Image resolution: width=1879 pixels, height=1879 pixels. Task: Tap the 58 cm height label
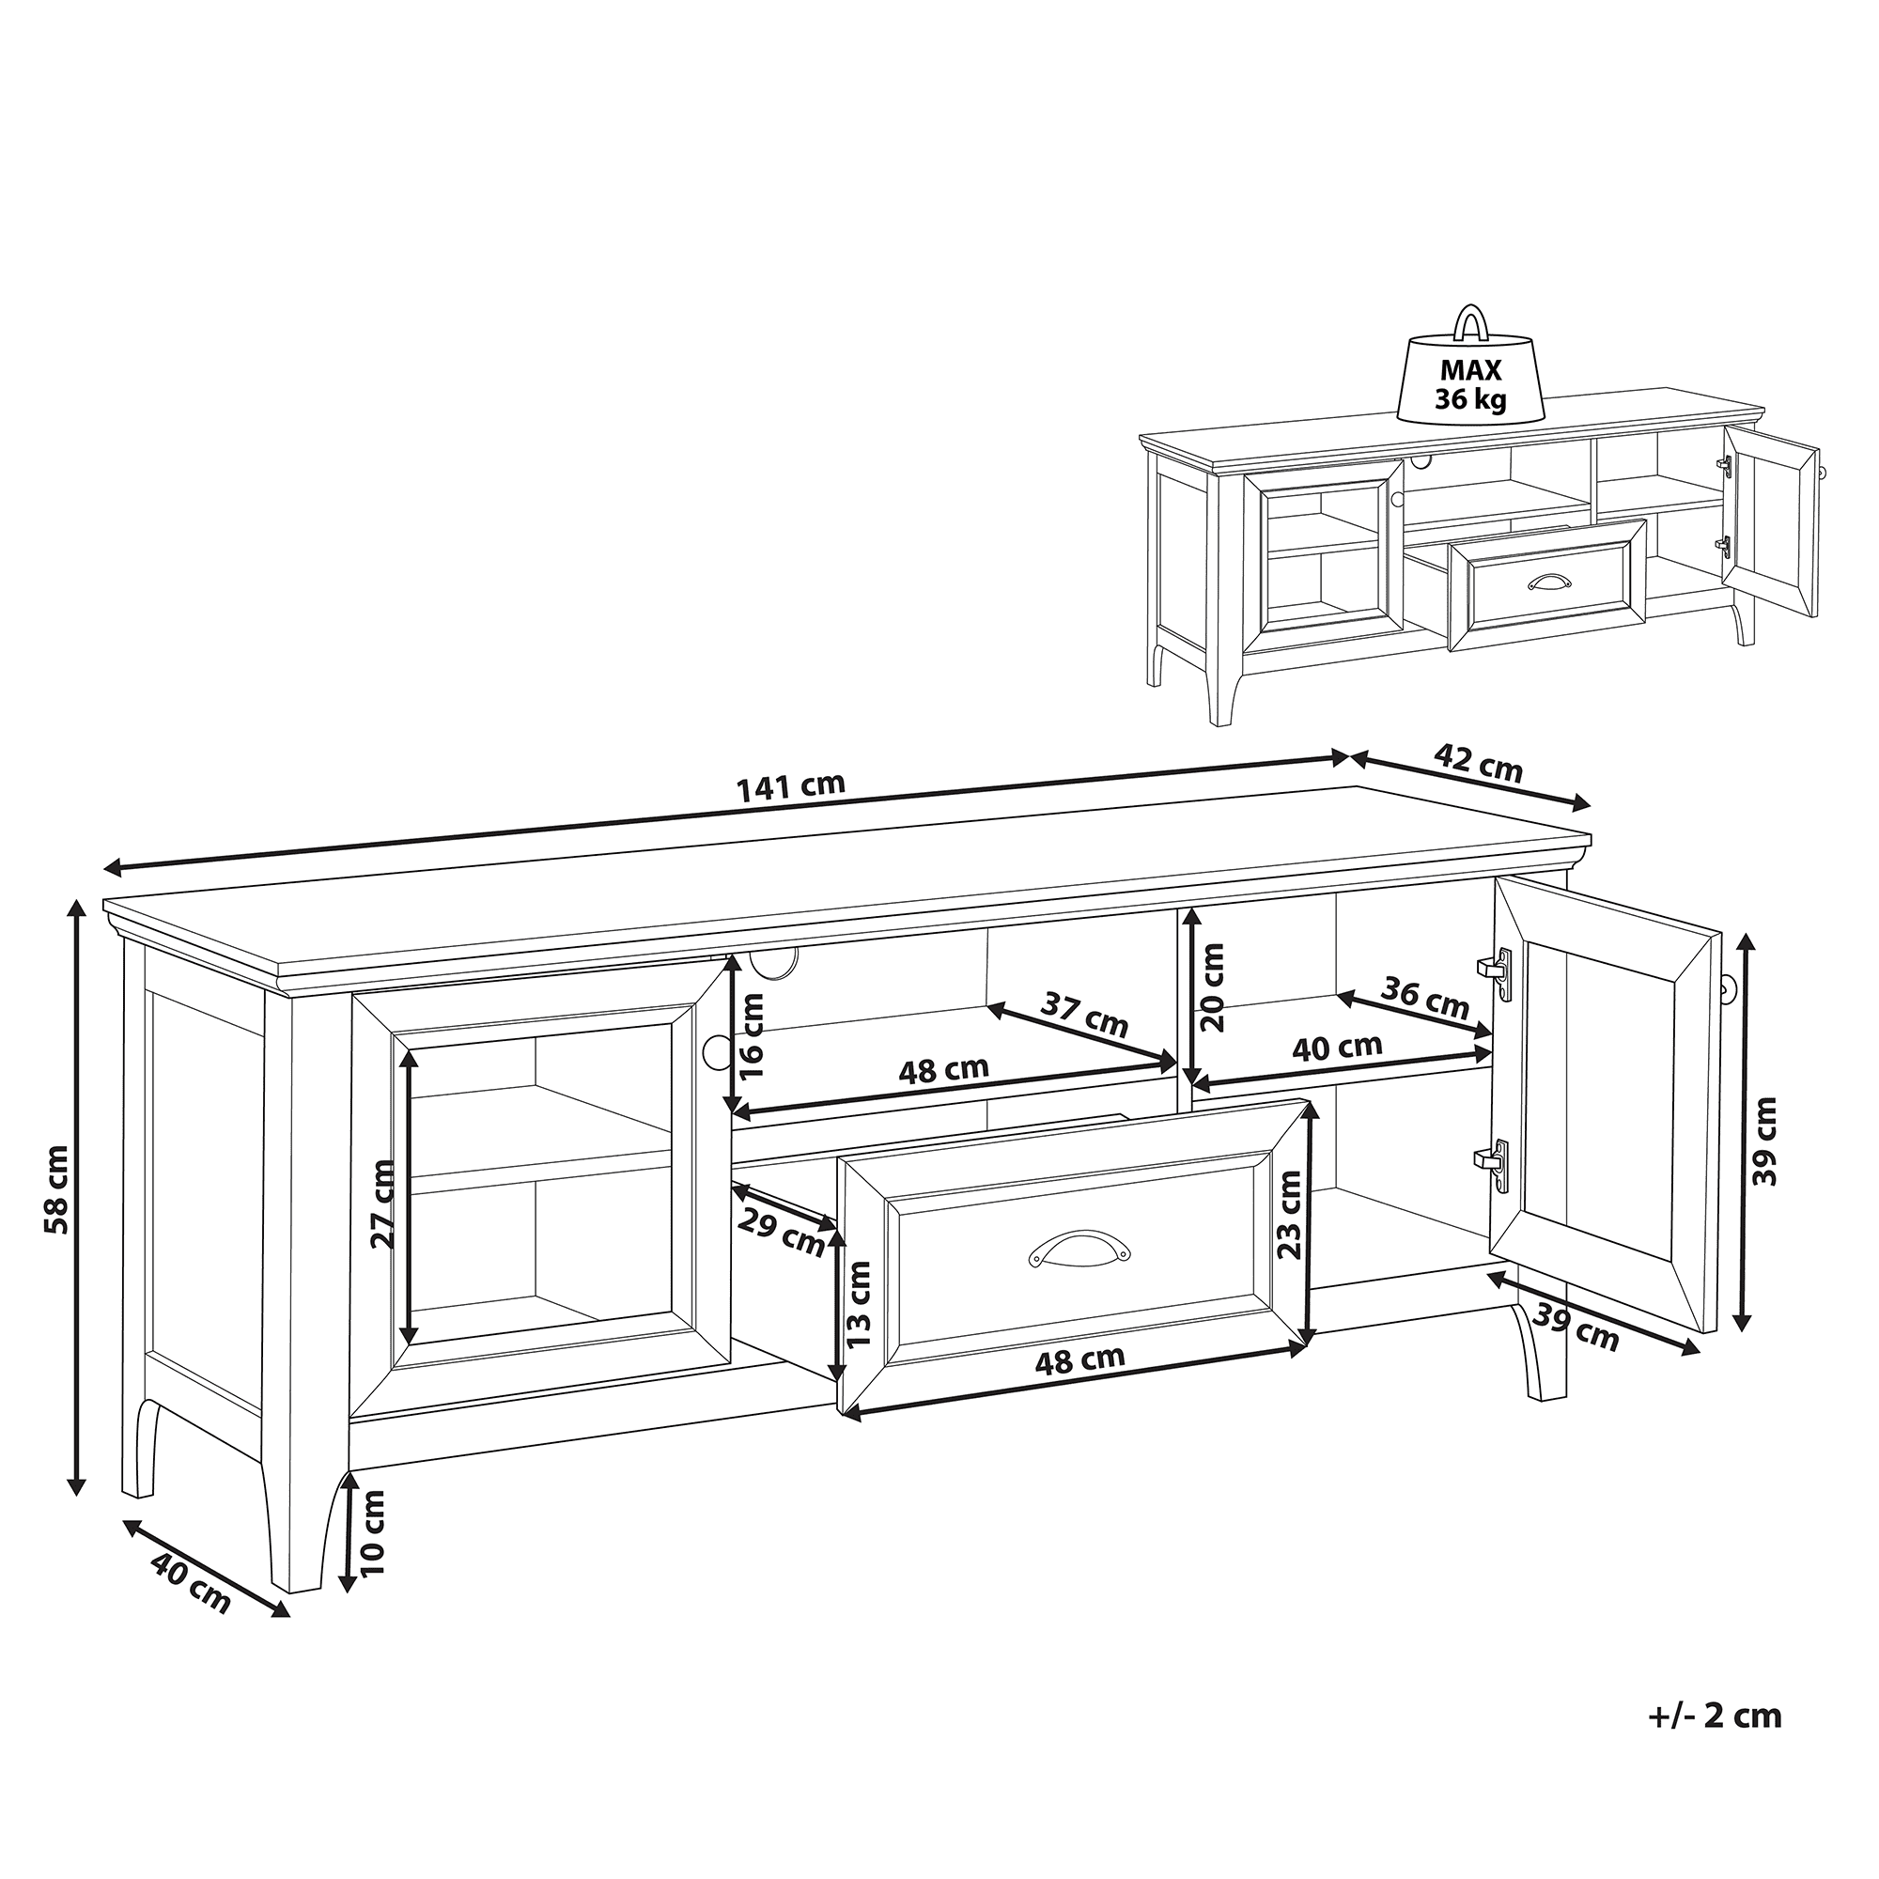pyautogui.click(x=56, y=1203)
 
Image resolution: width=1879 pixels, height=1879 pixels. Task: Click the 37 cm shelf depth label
pyautogui.click(x=1083, y=1015)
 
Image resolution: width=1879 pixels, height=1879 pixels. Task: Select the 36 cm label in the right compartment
pyautogui.click(x=1426, y=998)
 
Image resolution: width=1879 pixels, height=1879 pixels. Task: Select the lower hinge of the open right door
pyautogui.click(x=1493, y=1166)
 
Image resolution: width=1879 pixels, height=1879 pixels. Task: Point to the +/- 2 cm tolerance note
pyautogui.click(x=1715, y=1742)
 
